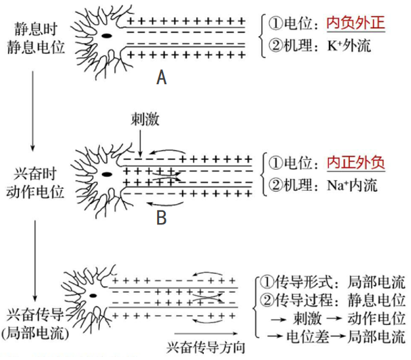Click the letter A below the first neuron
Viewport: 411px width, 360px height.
pyautogui.click(x=162, y=79)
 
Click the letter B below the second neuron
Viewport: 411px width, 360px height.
pyautogui.click(x=160, y=217)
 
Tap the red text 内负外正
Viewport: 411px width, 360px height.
pyautogui.click(x=355, y=24)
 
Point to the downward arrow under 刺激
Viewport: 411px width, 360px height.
pyautogui.click(x=140, y=141)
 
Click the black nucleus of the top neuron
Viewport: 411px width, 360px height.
pyautogui.click(x=106, y=36)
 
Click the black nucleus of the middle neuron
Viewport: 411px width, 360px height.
pyautogui.click(x=106, y=174)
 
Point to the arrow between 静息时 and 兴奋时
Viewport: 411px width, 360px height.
pyautogui.click(x=32, y=109)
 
